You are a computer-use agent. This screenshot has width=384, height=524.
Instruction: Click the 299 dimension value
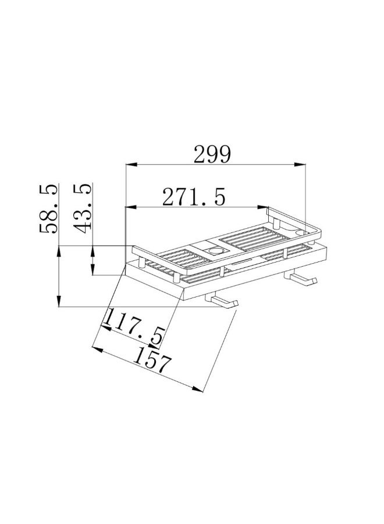[212, 154]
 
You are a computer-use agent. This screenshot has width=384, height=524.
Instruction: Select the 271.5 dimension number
[194, 197]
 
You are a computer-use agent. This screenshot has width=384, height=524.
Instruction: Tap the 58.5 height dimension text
[48, 208]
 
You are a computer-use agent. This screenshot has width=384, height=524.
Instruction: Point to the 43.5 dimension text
[83, 208]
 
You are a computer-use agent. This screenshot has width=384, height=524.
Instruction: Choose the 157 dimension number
[152, 360]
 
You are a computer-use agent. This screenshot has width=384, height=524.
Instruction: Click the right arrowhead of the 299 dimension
[300, 164]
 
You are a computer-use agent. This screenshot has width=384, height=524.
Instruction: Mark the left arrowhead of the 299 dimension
[131, 164]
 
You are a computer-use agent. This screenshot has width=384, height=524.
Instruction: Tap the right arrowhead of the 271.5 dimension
[262, 207]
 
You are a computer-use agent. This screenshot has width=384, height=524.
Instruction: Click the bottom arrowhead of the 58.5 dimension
[59, 301]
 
